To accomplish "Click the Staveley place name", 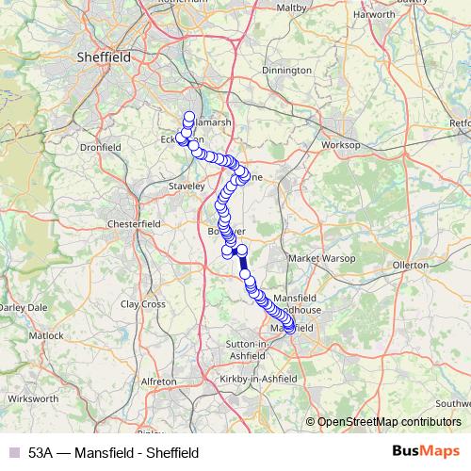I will tap(186, 187).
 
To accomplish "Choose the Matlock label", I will tap(45, 335).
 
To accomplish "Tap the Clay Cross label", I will tap(143, 304).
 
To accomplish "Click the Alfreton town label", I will tap(157, 381).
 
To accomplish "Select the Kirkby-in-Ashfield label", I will tap(260, 378).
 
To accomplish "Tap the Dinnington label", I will tap(286, 70).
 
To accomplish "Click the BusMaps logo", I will tap(426, 451).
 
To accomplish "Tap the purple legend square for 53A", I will tap(13, 452).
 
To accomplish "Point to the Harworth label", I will tap(373, 15).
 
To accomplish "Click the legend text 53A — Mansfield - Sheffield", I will tap(113, 452).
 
